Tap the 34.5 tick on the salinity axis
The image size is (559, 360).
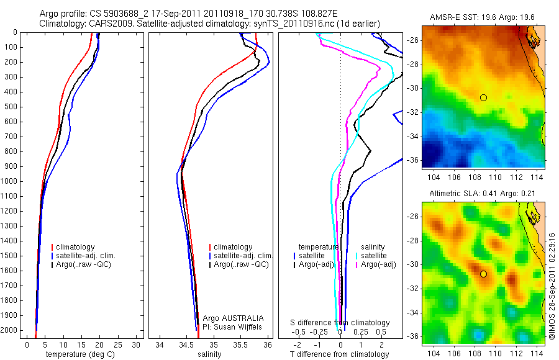click(x=186, y=344)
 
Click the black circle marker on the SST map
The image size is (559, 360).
click(x=483, y=98)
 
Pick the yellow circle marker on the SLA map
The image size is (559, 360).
click(x=483, y=274)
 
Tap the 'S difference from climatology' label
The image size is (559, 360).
click(x=340, y=323)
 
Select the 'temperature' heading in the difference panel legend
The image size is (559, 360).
click(x=319, y=246)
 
